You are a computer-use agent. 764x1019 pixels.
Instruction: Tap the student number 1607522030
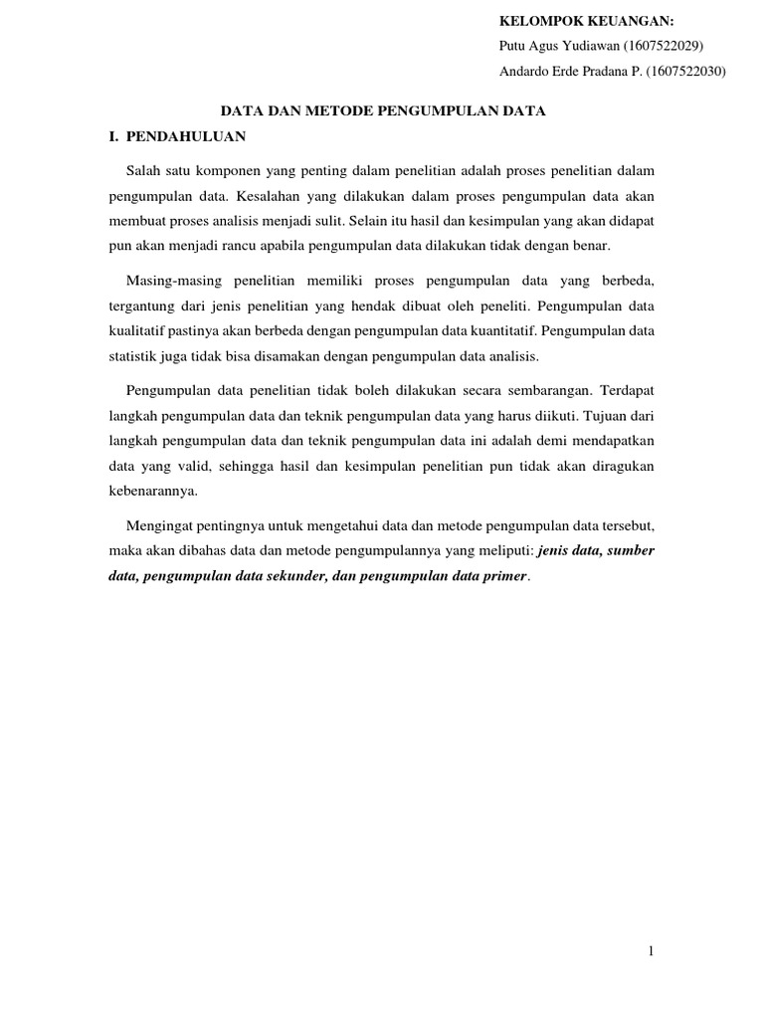point(685,72)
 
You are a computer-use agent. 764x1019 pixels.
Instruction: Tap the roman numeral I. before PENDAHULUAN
point(113,135)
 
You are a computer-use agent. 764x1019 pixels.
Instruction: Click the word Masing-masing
point(173,282)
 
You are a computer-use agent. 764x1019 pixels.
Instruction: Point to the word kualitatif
point(136,329)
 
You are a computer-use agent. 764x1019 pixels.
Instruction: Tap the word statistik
point(132,354)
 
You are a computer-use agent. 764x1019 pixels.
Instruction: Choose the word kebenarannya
point(154,489)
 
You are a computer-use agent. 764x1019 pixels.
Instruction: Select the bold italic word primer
point(504,574)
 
